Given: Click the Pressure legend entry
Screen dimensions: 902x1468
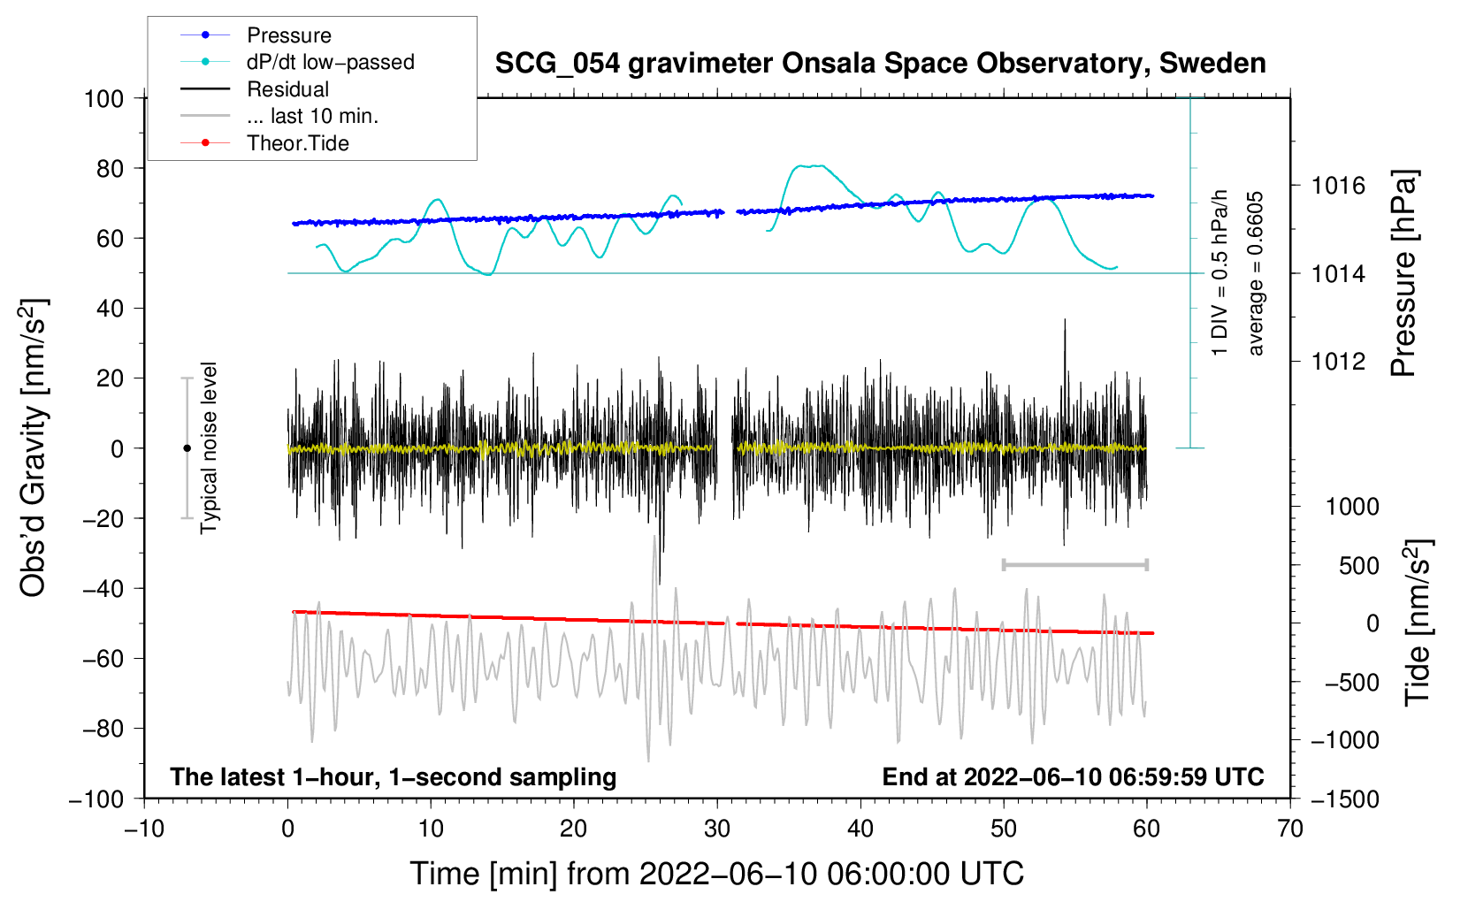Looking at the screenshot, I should tap(288, 35).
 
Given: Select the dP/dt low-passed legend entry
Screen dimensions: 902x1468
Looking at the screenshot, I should tap(330, 62).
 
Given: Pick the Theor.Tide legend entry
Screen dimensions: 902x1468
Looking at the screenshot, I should tap(297, 143).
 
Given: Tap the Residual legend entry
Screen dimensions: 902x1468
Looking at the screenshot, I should tap(287, 89).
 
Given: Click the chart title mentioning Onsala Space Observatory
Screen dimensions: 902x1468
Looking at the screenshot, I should tap(880, 64).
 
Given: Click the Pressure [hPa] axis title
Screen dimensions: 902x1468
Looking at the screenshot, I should tap(1404, 274).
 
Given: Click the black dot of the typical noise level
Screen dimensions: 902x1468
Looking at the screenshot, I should tap(187, 448).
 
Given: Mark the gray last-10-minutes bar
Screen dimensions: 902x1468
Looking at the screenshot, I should tap(1074, 564).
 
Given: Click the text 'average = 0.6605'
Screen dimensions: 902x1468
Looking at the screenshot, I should tap(1256, 274).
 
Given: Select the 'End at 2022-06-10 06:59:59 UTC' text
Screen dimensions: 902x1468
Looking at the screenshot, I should tap(1073, 776).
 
